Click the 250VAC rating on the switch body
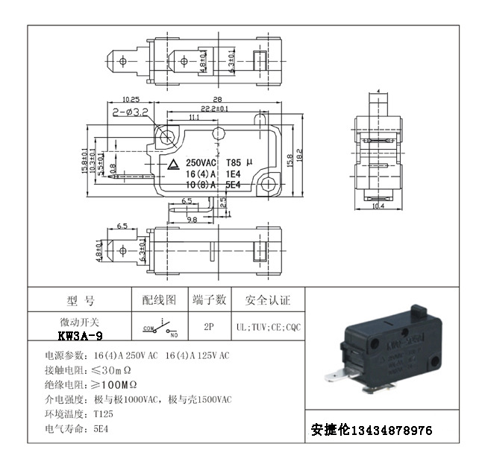coord(200,162)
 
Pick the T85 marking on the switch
coord(234,162)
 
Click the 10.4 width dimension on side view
coord(378,206)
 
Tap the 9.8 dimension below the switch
coord(192,220)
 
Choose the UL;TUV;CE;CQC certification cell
coord(268,327)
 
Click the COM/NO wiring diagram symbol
coord(159,328)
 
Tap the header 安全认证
coord(268,300)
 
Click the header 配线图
coord(159,300)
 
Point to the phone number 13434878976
coord(391,431)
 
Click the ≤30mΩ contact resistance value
coord(113,370)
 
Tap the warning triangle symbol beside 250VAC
coord(172,163)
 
